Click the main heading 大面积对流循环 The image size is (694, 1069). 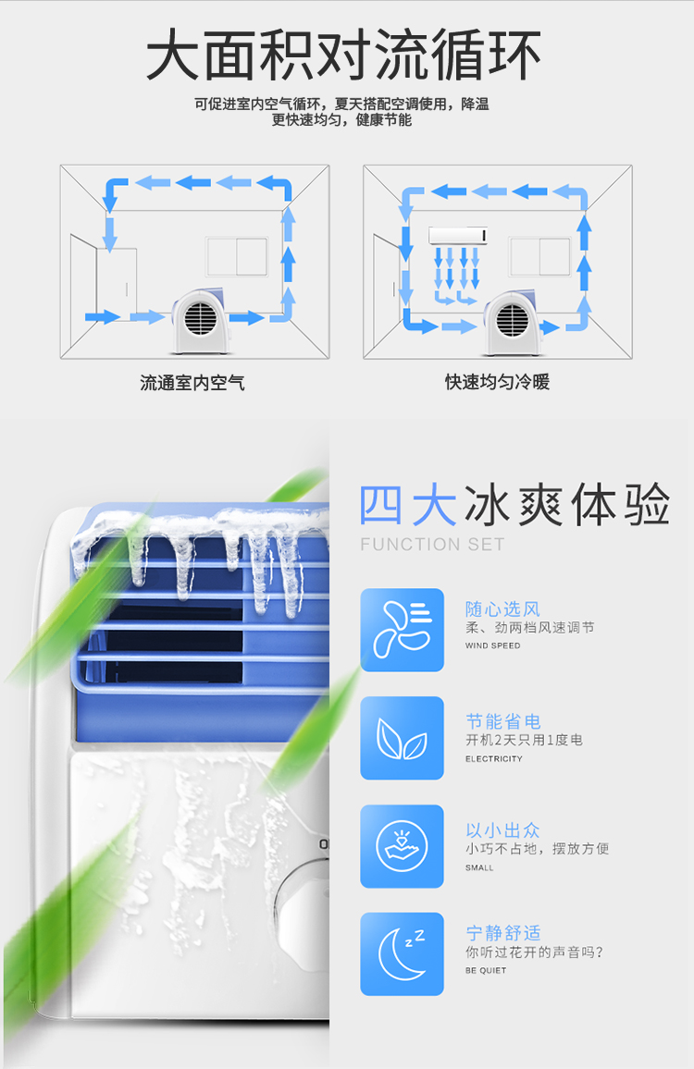click(x=343, y=55)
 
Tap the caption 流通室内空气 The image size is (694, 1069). click(x=192, y=383)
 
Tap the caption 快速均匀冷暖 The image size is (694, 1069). click(x=498, y=382)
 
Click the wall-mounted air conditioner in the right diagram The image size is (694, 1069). click(x=458, y=236)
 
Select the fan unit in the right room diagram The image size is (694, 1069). click(x=514, y=323)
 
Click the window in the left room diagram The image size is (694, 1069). click(x=236, y=256)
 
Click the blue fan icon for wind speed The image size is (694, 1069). click(x=402, y=630)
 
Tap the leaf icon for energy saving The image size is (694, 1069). click(x=402, y=738)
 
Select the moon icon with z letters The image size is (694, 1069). click(x=402, y=954)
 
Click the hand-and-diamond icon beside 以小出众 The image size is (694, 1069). click(x=402, y=847)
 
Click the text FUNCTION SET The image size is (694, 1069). click(x=433, y=544)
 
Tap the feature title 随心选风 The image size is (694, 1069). click(x=503, y=608)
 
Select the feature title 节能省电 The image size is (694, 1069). click(x=503, y=721)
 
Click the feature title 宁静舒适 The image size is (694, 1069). click(x=503, y=933)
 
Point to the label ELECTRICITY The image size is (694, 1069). click(x=494, y=759)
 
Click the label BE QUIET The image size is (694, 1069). click(x=486, y=970)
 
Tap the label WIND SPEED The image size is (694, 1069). click(x=492, y=645)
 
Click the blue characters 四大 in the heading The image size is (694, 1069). click(x=408, y=505)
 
